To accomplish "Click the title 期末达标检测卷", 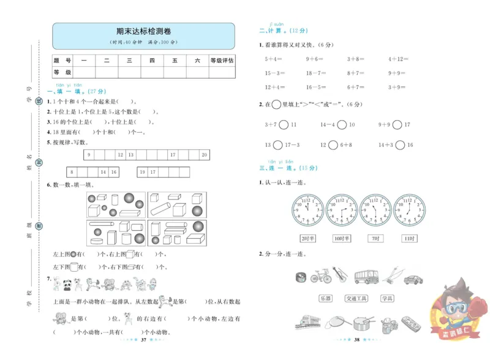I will point(143,31).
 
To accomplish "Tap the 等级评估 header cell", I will point(222,61).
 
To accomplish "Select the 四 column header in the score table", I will point(151,61).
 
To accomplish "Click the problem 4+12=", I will point(398,59).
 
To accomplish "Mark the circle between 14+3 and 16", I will point(400,145).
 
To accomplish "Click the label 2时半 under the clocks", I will point(307,238).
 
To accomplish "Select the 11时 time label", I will point(409,238).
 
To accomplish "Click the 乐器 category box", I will point(325,298).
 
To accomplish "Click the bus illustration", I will point(366,276).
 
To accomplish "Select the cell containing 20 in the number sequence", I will point(204,154).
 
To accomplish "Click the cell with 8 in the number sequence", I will point(72,173).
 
